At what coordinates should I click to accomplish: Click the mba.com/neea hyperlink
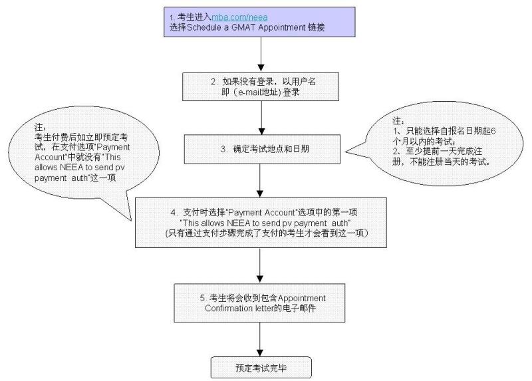pos(239,17)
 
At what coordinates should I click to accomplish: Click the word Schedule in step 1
pos(204,27)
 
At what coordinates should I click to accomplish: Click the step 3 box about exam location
pos(262,149)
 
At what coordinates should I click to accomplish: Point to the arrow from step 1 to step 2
pos(261,55)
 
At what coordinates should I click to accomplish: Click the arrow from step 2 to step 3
pos(261,118)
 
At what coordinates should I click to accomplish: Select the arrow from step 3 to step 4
pos(260,181)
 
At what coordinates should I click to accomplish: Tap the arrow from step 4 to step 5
pos(260,265)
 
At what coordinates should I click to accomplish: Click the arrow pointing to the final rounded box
pos(260,339)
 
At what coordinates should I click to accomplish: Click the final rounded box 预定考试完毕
pos(261,368)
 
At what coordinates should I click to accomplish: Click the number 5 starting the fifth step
pos(203,299)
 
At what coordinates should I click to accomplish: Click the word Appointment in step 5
pos(302,299)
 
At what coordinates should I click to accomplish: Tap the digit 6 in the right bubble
pos(493,131)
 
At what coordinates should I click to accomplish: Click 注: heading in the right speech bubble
pos(398,121)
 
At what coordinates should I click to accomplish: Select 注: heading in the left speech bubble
pos(40,128)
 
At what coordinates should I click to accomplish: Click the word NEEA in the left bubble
pos(72,168)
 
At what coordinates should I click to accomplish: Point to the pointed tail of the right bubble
pos(346,152)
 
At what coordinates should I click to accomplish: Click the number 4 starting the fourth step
pos(174,213)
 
